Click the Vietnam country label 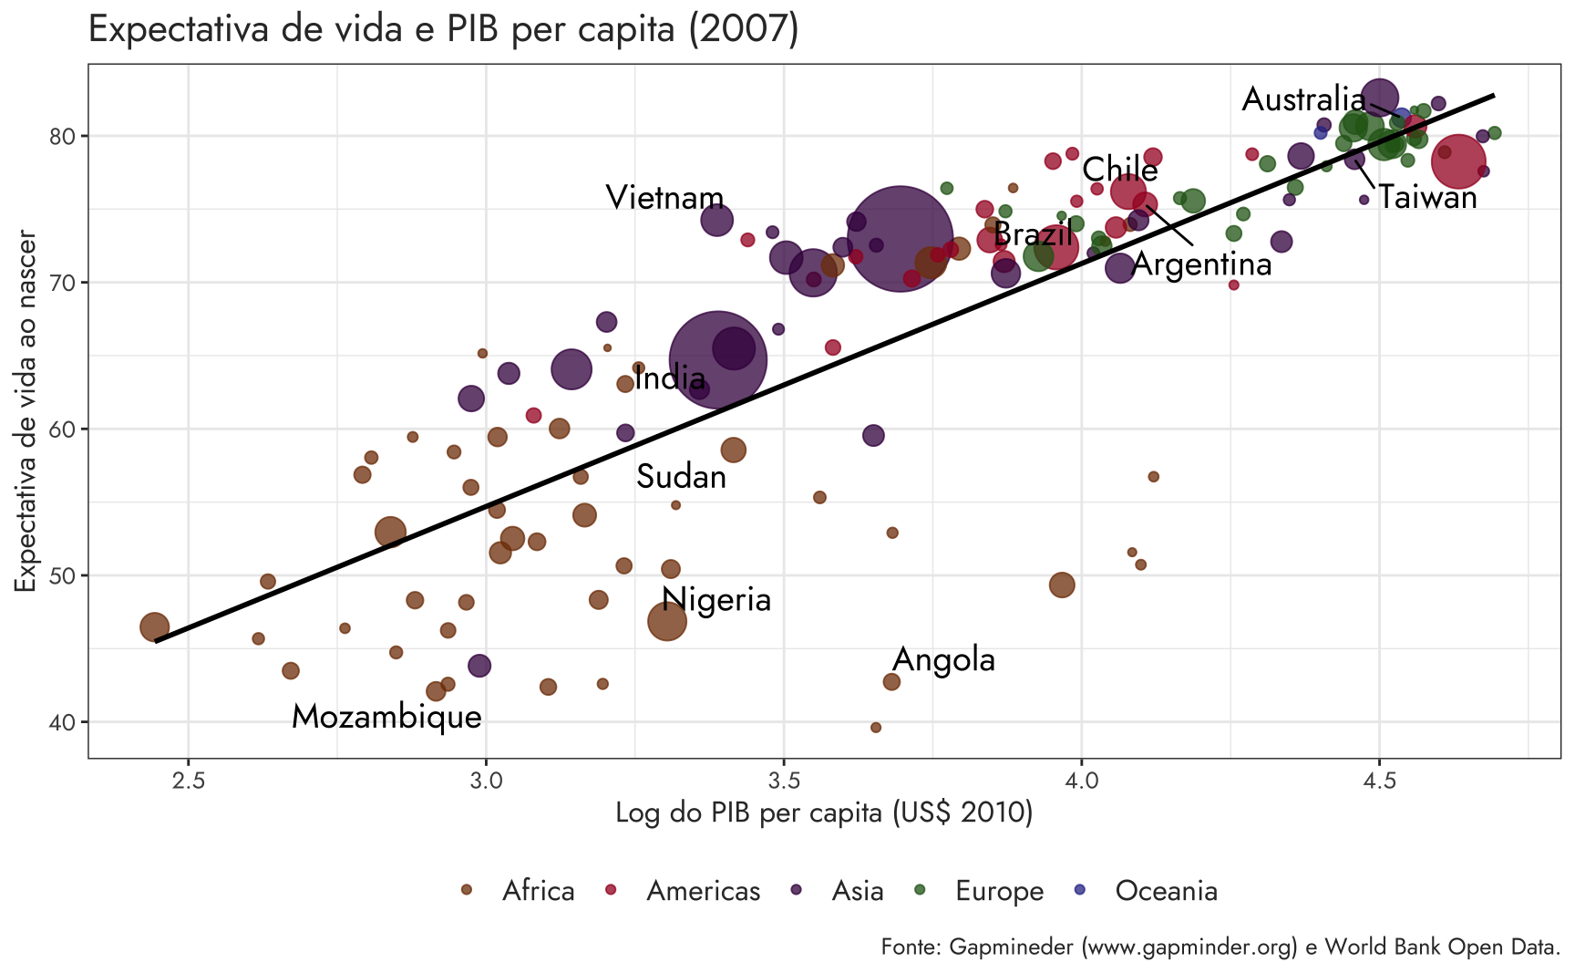[664, 198]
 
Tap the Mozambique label [386, 717]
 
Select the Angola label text [943, 659]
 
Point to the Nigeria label [716, 599]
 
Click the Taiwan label [1426, 197]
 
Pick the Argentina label [1201, 264]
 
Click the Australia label [1303, 99]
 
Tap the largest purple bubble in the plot [900, 239]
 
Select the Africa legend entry [520, 891]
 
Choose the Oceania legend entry [1148, 891]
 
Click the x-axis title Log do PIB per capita [824, 813]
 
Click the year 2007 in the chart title [743, 29]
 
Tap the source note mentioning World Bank [1220, 947]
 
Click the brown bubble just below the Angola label [891, 682]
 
